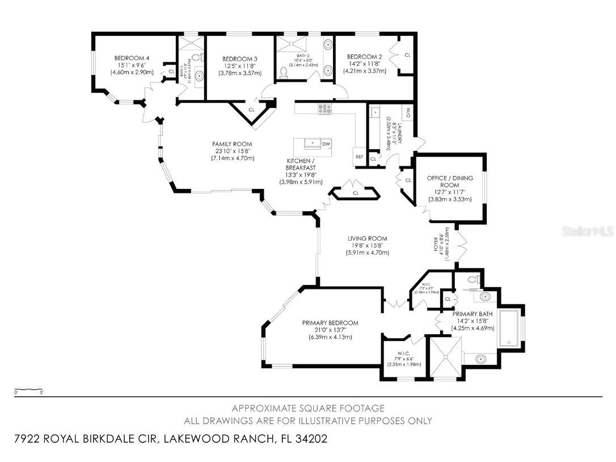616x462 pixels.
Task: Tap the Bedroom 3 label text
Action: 240,59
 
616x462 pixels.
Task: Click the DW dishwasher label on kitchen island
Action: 326,144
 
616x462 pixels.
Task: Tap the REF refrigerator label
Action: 360,157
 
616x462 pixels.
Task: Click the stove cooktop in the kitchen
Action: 325,109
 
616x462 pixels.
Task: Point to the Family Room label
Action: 232,144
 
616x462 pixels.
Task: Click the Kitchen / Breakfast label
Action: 301,165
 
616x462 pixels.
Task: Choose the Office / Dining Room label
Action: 450,182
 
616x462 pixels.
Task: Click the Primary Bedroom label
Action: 330,323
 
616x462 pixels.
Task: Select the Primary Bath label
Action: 472,313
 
